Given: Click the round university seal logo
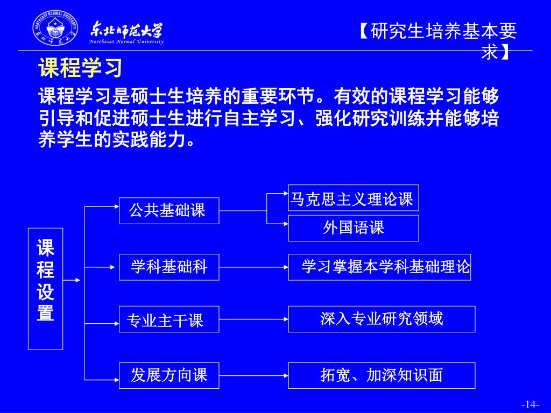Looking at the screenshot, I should [x=55, y=29].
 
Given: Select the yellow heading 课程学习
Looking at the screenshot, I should [x=81, y=68].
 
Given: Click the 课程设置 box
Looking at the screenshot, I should [x=45, y=289].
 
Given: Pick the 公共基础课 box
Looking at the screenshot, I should [x=168, y=210].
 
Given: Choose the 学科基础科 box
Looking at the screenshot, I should [x=168, y=267].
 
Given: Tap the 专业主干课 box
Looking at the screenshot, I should [x=168, y=319].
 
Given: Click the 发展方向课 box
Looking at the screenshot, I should [x=168, y=375].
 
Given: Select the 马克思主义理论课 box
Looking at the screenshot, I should [x=353, y=198].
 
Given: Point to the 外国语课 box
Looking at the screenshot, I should [x=353, y=228].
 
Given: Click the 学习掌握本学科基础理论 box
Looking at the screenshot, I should [x=379, y=267].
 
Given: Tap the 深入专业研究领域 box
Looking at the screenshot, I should [x=382, y=319].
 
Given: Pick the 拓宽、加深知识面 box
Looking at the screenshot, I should [x=382, y=375].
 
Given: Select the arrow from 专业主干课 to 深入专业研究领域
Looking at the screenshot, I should [x=253, y=319].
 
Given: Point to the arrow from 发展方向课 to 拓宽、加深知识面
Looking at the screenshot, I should [x=253, y=375].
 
